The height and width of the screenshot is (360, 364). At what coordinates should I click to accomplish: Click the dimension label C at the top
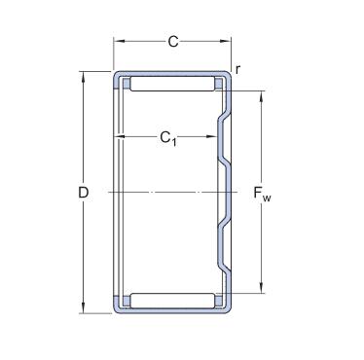173,42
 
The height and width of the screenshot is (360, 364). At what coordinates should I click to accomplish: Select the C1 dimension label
168,138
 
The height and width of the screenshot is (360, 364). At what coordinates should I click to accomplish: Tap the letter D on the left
84,193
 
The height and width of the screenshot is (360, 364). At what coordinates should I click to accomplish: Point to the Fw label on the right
262,194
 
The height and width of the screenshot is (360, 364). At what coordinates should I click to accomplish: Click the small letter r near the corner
237,69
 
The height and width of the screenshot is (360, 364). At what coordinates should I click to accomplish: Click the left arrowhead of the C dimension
119,41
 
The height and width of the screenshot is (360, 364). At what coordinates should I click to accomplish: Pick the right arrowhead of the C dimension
226,41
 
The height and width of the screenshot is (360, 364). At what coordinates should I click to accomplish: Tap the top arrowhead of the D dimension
84,77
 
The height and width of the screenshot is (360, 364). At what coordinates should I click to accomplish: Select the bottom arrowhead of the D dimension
84,308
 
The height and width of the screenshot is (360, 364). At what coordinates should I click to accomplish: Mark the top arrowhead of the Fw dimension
262,96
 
